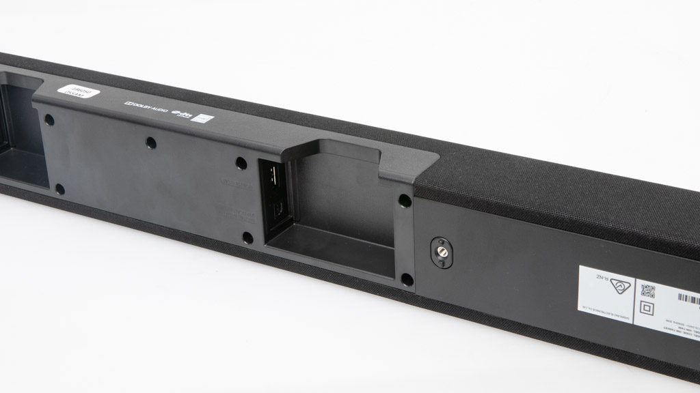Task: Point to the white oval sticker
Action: (85, 95)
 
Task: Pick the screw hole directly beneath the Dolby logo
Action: (150, 144)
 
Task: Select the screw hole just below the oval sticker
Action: (49, 119)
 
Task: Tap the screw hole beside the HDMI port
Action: (241, 164)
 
